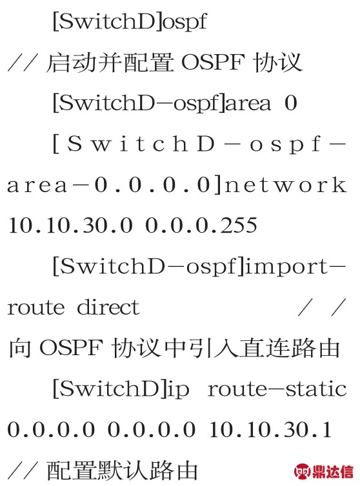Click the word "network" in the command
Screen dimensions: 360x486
tap(286, 185)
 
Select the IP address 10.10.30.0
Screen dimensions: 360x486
tap(70, 226)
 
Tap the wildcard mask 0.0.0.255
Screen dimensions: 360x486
tap(201, 226)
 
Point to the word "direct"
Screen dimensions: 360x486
tap(108, 307)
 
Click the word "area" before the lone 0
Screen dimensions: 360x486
tap(248, 103)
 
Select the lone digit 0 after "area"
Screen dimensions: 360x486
tap(291, 103)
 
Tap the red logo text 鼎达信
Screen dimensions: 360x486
tap(333, 471)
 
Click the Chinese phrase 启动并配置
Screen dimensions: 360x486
tap(110, 63)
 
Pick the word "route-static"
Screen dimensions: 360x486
tap(277, 389)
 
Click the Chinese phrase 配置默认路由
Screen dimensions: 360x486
tap(122, 471)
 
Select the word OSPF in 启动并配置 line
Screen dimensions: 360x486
tap(213, 62)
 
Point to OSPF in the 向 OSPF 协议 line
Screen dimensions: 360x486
tap(71, 348)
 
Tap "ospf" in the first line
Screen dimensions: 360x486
tap(185, 23)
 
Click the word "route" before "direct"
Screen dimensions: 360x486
tap(36, 308)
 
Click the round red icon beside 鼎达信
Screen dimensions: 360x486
tap(303, 471)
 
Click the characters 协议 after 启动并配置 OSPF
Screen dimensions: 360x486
tap(277, 63)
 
